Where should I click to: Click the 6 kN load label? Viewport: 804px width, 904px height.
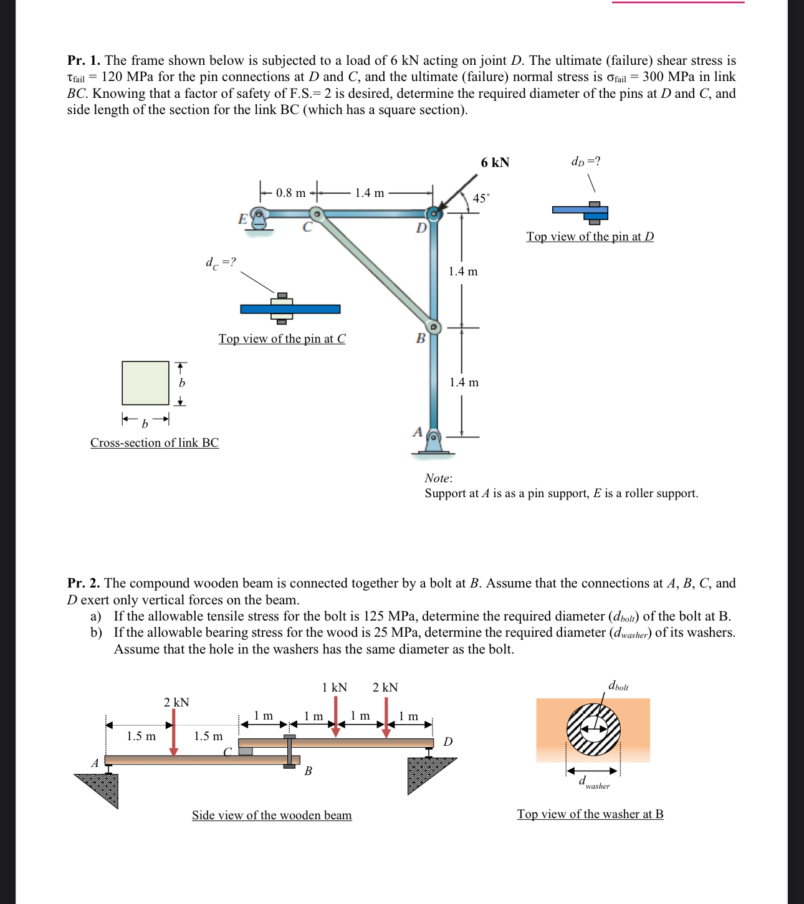[495, 163]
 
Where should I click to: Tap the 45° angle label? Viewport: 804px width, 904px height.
[481, 198]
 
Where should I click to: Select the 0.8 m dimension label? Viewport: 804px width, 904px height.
[290, 193]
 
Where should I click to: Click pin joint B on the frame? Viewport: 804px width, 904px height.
[434, 326]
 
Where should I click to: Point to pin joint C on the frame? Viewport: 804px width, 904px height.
[317, 214]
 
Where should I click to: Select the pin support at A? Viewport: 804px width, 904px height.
[434, 440]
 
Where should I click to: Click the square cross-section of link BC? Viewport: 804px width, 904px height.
[145, 383]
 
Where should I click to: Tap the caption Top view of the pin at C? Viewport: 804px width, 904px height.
[282, 338]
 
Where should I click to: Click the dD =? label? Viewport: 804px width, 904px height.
[586, 161]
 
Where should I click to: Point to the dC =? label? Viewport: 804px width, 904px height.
[221, 262]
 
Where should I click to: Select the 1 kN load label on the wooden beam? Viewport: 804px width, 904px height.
[334, 687]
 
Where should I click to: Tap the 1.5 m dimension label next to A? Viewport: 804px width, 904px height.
[141, 736]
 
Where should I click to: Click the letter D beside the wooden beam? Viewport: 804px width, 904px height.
[447, 741]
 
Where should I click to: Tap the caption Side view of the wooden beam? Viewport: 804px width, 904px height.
[272, 815]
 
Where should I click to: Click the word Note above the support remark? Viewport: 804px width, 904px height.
[438, 478]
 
